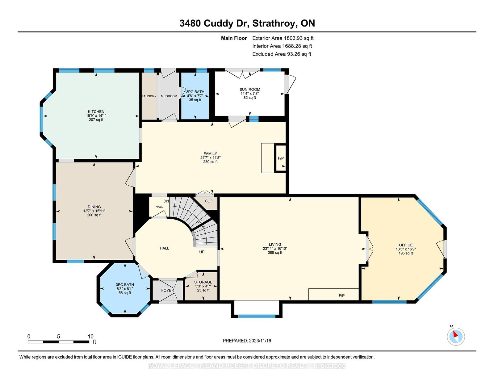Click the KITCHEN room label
(96, 112)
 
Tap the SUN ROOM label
(249, 90)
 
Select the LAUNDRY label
(149, 96)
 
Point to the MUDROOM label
(169, 96)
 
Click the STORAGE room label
(203, 282)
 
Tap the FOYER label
(168, 290)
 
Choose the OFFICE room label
(406, 245)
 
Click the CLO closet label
(208, 201)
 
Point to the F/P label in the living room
(342, 295)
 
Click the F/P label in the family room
(281, 158)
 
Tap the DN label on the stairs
(166, 201)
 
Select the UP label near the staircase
(202, 252)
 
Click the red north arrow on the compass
(455, 334)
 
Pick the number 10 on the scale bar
(90, 336)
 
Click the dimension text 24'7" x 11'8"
(210, 157)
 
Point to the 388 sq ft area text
(275, 252)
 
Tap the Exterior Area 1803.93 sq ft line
(283, 38)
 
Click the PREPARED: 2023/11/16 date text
(247, 341)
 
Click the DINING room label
(94, 207)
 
